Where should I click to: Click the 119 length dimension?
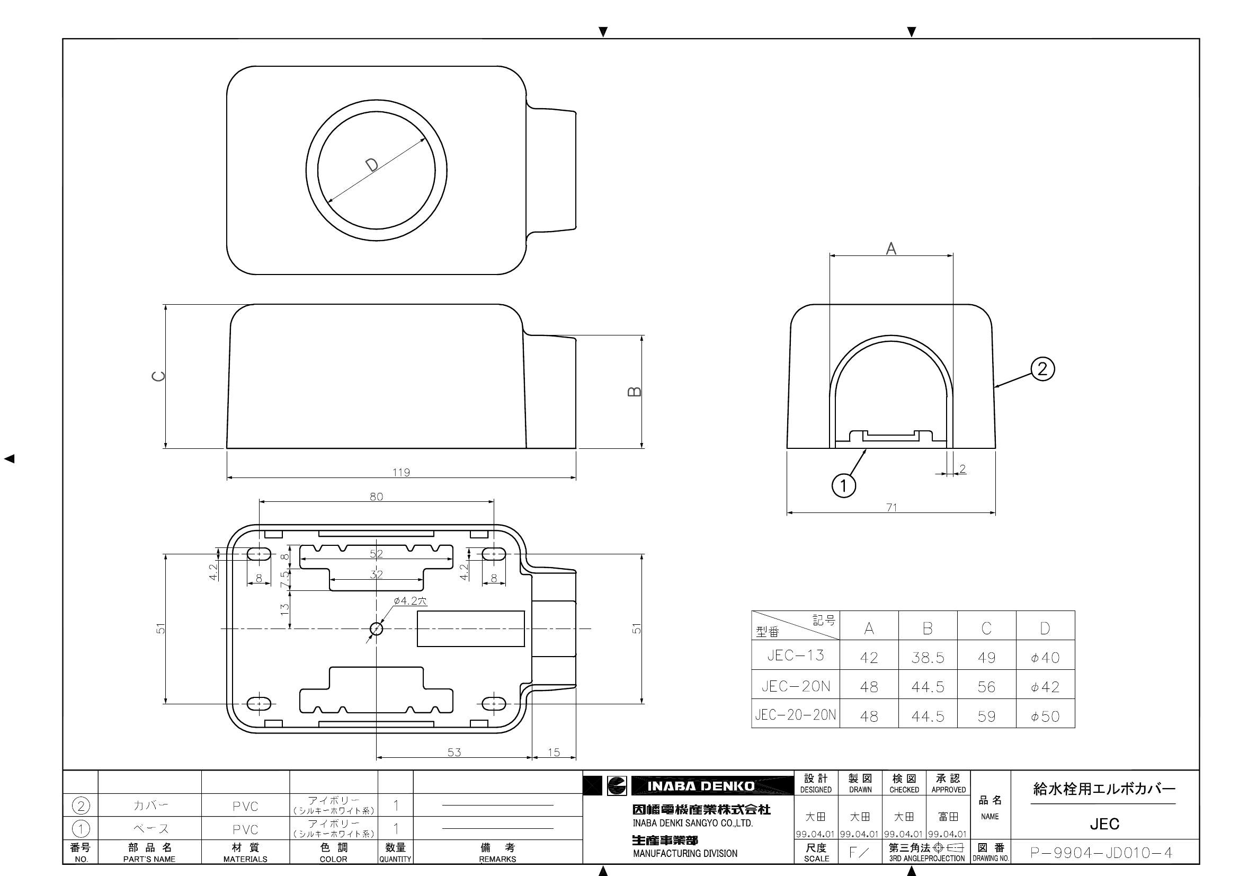click(x=401, y=472)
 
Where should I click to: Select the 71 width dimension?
click(x=892, y=507)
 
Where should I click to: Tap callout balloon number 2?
click(x=1042, y=369)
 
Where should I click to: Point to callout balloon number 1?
click(x=843, y=486)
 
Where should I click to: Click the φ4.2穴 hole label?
click(x=410, y=601)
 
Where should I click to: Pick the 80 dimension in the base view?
click(x=376, y=497)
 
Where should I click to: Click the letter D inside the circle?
click(x=372, y=165)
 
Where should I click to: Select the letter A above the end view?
click(x=891, y=249)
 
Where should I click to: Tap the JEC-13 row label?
click(x=796, y=655)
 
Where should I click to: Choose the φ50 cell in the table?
click(x=1045, y=716)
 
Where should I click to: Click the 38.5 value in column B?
click(x=928, y=658)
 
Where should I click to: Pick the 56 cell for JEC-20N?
click(x=986, y=687)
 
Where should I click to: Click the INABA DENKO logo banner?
click(x=700, y=786)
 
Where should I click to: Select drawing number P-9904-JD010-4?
click(x=1101, y=853)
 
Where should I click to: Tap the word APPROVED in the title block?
click(x=948, y=790)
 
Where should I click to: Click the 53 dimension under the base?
click(x=454, y=752)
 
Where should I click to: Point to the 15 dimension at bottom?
click(x=554, y=752)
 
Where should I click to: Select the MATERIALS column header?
click(x=245, y=859)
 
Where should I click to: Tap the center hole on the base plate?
click(x=376, y=629)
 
